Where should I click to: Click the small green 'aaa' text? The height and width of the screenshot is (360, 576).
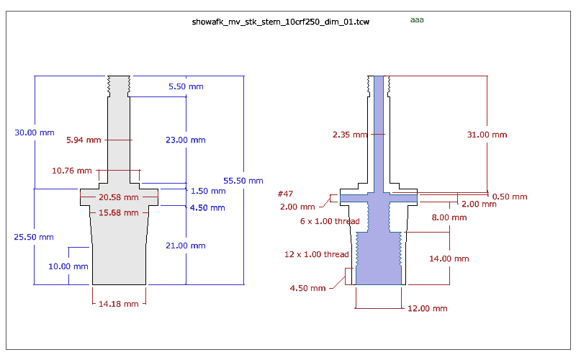pyautogui.click(x=417, y=20)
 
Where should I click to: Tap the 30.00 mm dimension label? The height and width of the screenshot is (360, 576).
pyautogui.click(x=35, y=132)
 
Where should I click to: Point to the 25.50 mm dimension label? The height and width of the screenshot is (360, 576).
pyautogui.click(x=34, y=237)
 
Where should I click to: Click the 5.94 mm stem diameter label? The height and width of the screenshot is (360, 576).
pyautogui.click(x=84, y=140)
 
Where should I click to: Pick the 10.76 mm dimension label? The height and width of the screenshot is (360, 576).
pyautogui.click(x=72, y=171)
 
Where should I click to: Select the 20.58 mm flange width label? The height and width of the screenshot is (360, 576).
pyautogui.click(x=119, y=197)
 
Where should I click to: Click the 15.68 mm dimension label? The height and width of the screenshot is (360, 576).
pyautogui.click(x=119, y=212)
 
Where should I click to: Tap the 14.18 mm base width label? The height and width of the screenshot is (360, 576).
pyautogui.click(x=119, y=304)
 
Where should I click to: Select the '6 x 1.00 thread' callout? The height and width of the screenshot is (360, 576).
pyautogui.click(x=330, y=221)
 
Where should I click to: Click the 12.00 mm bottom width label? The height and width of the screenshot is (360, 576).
pyautogui.click(x=428, y=308)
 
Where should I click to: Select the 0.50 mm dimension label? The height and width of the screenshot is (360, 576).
pyautogui.click(x=510, y=197)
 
